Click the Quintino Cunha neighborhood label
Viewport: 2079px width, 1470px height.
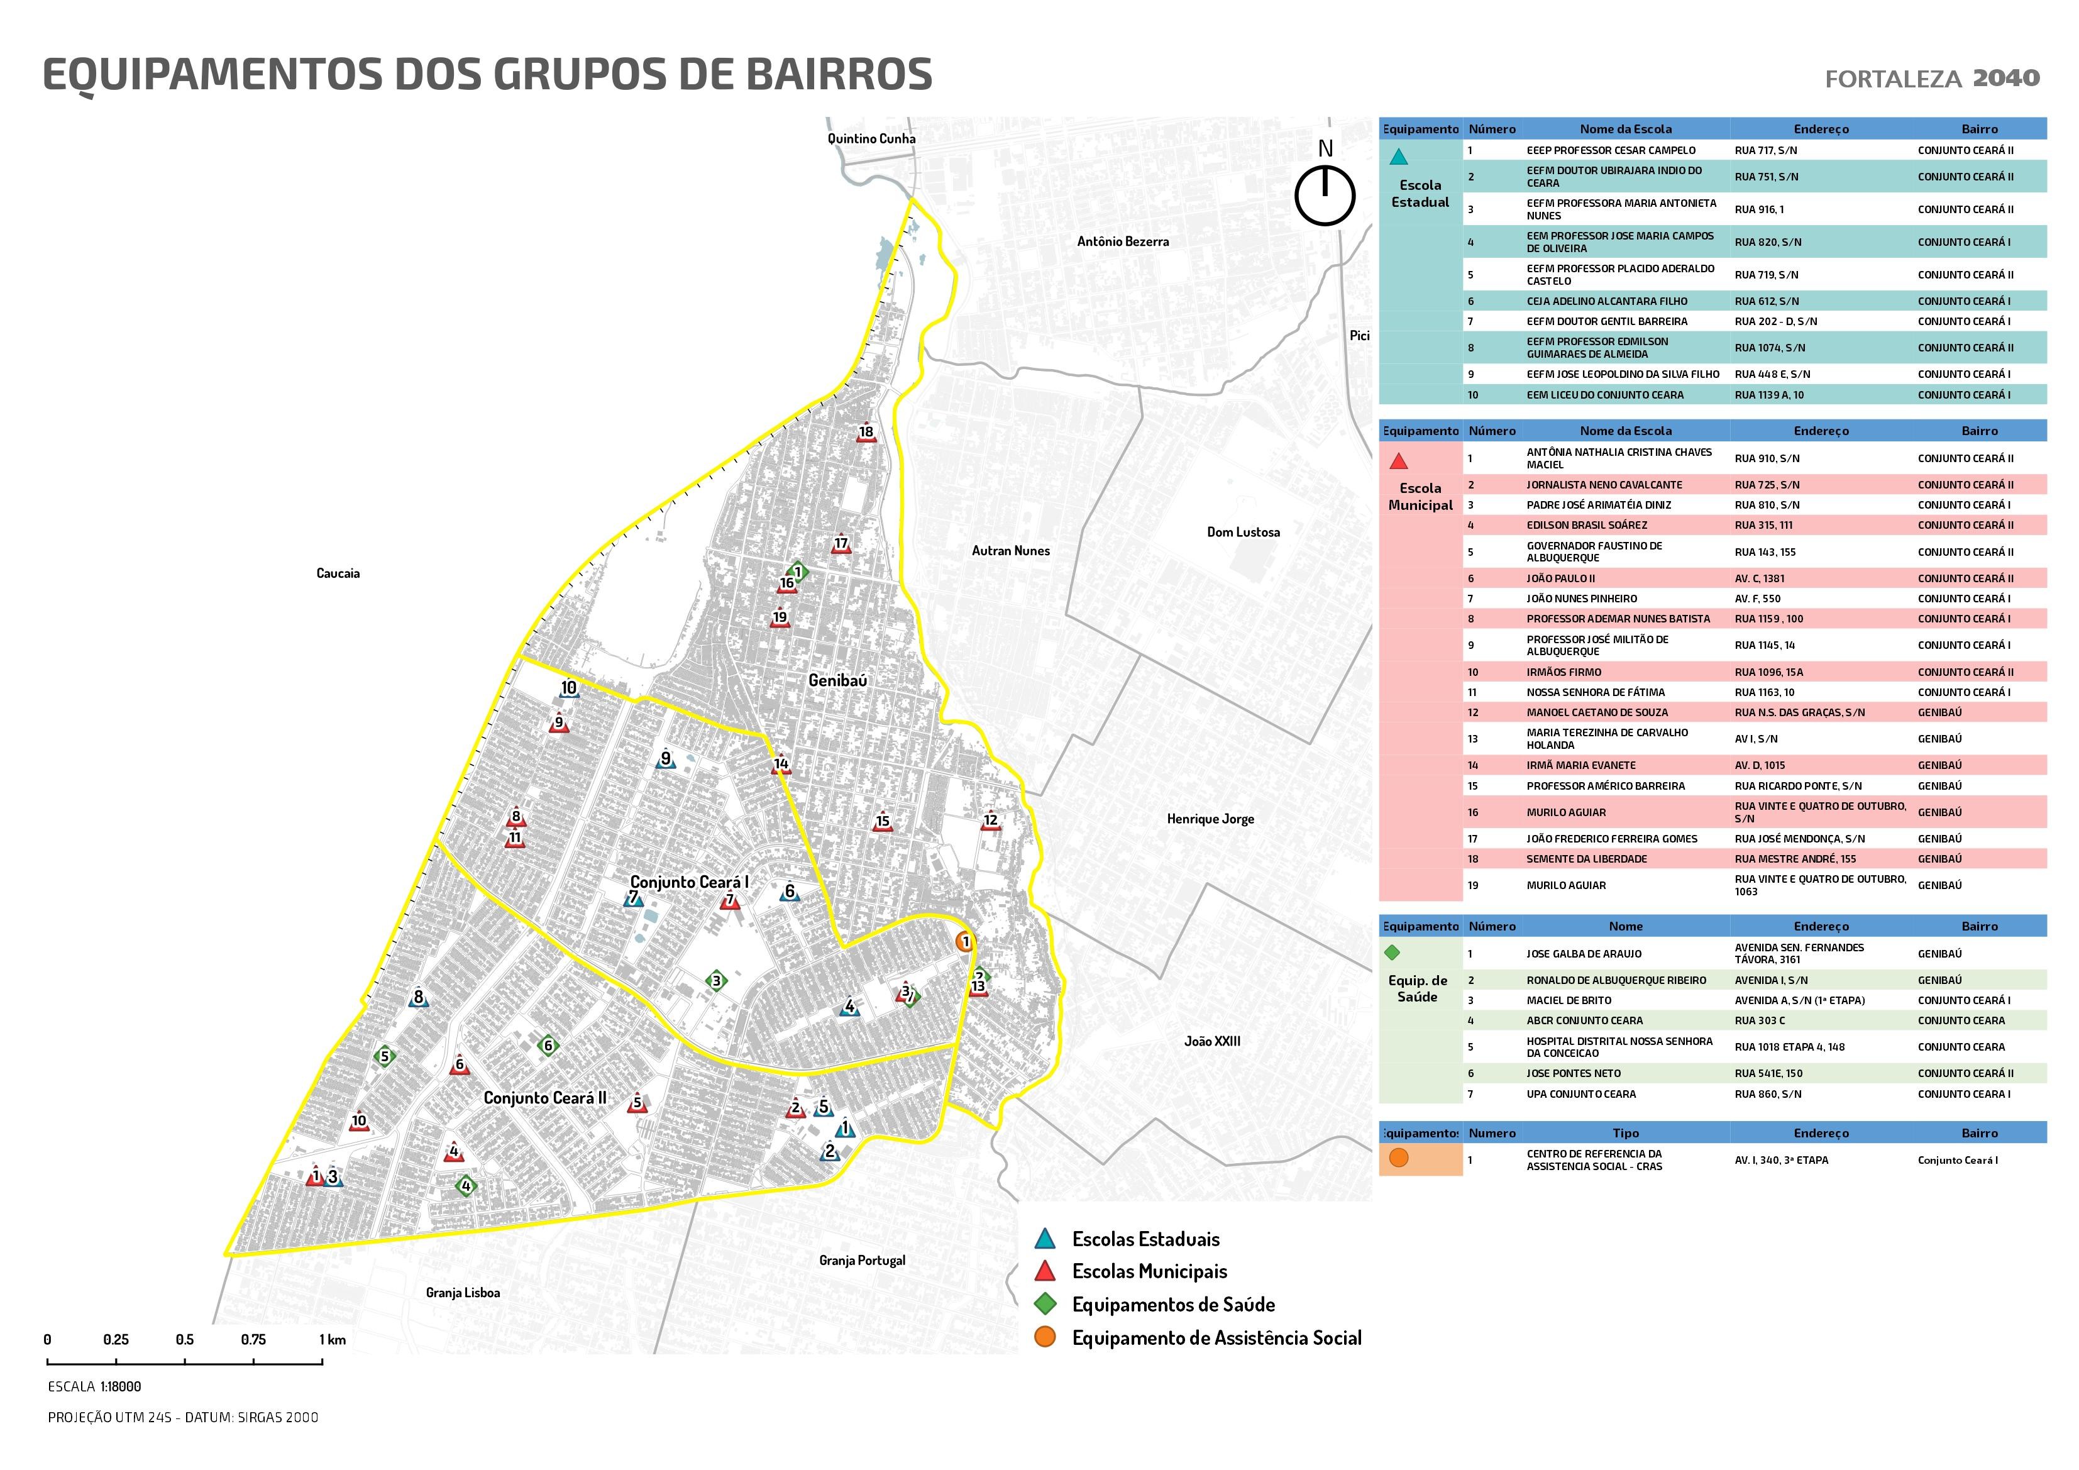pyautogui.click(x=871, y=138)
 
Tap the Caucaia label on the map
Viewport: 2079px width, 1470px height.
pyautogui.click(x=338, y=573)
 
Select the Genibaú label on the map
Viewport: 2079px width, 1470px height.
pyautogui.click(x=837, y=680)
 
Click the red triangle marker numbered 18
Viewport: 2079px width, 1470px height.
pyautogui.click(x=866, y=434)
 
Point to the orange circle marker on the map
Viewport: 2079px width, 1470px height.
pyautogui.click(x=964, y=942)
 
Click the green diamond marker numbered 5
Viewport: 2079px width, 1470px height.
pyautogui.click(x=385, y=1056)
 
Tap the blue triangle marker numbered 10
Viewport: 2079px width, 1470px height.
pyautogui.click(x=569, y=689)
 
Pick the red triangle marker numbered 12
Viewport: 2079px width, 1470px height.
pyautogui.click(x=991, y=822)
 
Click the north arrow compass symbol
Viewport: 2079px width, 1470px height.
pyautogui.click(x=1325, y=194)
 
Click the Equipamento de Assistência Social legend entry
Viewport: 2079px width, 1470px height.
pyautogui.click(x=1216, y=1338)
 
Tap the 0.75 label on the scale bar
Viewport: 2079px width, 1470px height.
pyautogui.click(x=253, y=1340)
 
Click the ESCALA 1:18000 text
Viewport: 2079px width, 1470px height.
pyautogui.click(x=94, y=1386)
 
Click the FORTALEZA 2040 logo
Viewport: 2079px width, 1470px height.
pyautogui.click(x=1933, y=79)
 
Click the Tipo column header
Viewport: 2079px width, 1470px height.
pyautogui.click(x=1625, y=1133)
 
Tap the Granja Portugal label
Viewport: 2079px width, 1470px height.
pyautogui.click(x=862, y=1260)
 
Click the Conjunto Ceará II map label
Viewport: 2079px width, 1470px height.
pyautogui.click(x=545, y=1098)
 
